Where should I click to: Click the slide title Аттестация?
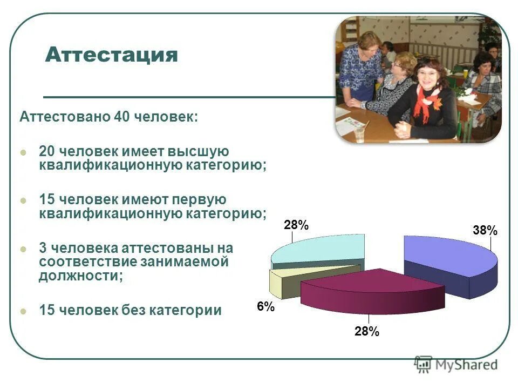point(112,55)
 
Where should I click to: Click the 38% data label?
point(485,231)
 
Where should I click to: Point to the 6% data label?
point(265,307)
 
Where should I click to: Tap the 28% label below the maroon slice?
point(367,332)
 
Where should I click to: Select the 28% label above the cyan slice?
point(296,225)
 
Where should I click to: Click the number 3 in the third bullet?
point(43,248)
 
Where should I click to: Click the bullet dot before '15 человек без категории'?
point(23,311)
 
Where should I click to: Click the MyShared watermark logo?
point(456,364)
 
